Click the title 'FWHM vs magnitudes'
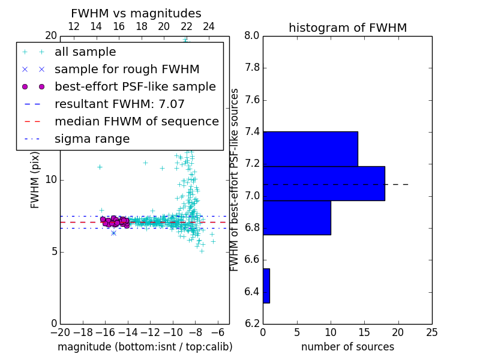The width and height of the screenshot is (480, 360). [136, 13]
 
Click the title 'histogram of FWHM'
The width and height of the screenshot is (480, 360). [347, 28]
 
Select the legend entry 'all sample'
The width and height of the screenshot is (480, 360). [85, 52]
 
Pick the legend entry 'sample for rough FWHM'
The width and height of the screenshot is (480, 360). [127, 69]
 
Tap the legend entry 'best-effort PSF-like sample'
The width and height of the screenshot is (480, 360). [135, 86]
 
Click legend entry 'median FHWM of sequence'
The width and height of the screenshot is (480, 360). [136, 121]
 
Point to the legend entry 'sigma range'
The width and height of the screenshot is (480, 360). [92, 139]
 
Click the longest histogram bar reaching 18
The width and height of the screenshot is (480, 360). [323, 183]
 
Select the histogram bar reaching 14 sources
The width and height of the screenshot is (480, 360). [310, 148]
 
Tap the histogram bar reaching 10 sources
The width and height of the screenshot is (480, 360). [296, 217]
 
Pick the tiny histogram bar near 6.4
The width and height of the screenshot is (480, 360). [266, 286]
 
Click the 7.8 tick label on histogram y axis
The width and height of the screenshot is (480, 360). [251, 68]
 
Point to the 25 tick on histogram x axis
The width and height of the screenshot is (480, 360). [431, 332]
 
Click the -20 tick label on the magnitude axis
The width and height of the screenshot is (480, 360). [60, 332]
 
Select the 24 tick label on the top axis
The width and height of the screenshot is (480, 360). [209, 26]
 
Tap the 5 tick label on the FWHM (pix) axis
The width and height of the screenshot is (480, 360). [53, 251]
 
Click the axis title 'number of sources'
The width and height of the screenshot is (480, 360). [347, 347]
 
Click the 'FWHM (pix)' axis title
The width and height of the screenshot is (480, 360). [35, 180]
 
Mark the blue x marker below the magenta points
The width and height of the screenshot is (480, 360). [113, 232]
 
